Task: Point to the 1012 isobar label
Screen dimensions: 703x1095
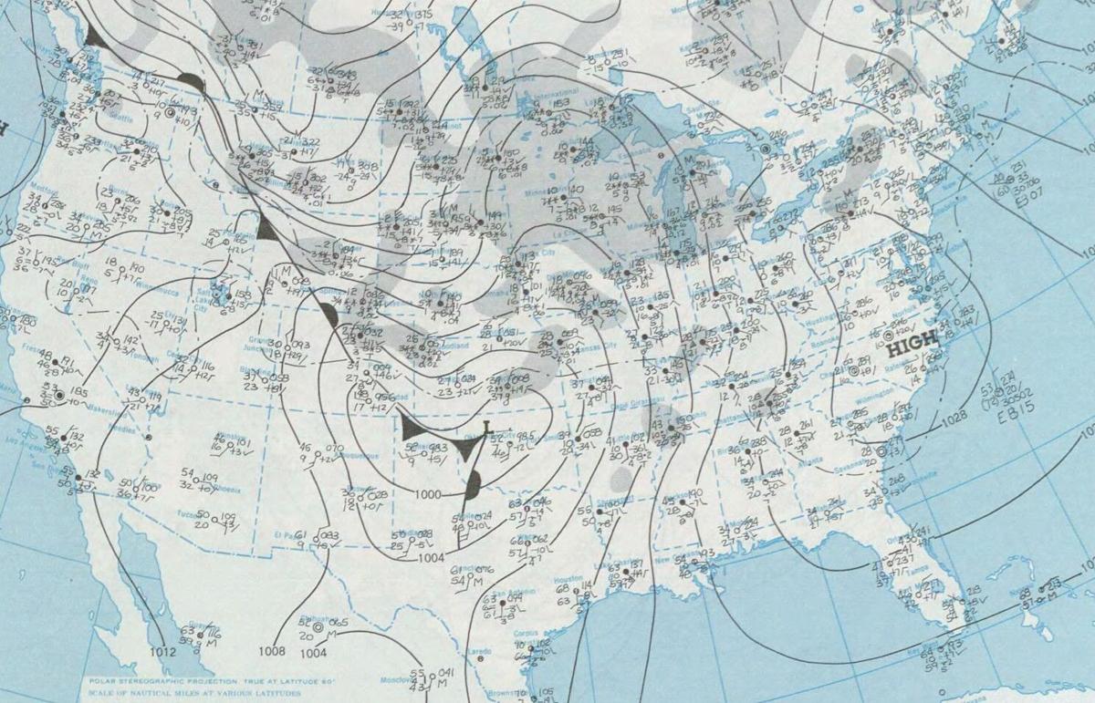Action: [x=163, y=651]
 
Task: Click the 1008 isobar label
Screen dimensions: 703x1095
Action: [x=272, y=651]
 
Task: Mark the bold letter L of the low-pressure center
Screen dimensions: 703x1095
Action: [x=487, y=426]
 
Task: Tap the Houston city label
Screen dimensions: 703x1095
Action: [x=568, y=579]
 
